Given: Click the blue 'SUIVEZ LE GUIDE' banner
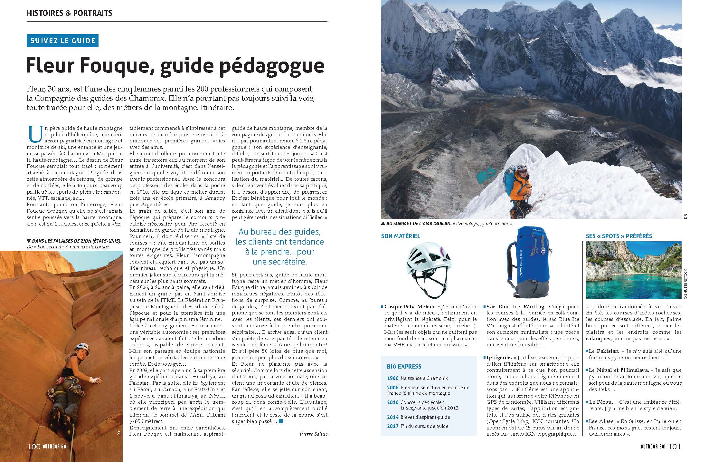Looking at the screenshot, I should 62,41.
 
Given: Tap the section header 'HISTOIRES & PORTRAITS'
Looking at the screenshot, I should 70,13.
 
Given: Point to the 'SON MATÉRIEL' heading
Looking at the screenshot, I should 401,236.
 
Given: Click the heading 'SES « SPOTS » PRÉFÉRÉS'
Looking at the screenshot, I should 619,236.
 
